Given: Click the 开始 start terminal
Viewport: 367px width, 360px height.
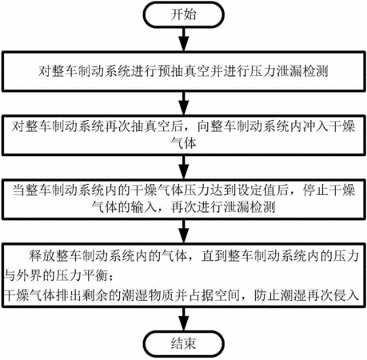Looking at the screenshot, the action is pos(183,14).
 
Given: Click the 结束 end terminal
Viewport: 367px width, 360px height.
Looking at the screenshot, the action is pos(183,344).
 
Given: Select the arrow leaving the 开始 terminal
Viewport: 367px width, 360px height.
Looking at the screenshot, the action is pos(183,39).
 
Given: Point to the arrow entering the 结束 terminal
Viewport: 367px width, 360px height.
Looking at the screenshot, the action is pos(183,319).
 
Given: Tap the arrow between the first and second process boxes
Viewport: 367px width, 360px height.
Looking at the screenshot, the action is pos(183,103).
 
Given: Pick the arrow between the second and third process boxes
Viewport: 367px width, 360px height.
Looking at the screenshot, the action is pos(183,167).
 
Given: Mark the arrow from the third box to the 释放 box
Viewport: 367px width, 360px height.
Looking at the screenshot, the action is pos(183,231).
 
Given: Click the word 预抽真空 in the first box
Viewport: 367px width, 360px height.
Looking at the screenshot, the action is pos(184,71).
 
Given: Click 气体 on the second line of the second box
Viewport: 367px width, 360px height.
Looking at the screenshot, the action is pos(183,143).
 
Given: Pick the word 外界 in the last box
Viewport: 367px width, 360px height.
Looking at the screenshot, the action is pos(29,275).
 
